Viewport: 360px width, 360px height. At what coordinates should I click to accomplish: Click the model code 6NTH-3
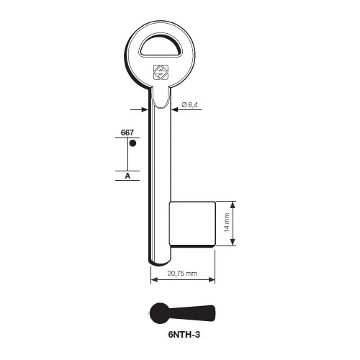(184, 334)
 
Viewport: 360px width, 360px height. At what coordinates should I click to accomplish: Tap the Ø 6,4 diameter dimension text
(189, 105)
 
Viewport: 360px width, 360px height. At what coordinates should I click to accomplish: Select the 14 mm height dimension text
(227, 222)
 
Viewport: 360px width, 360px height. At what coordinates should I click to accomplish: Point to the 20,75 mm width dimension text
(182, 274)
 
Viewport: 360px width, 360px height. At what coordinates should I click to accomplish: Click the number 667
(127, 132)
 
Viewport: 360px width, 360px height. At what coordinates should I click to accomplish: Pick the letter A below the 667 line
(127, 176)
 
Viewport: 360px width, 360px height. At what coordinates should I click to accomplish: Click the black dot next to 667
(132, 143)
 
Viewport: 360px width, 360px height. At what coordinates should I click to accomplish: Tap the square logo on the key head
(161, 72)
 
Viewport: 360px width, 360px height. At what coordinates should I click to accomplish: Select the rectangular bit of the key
(192, 224)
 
